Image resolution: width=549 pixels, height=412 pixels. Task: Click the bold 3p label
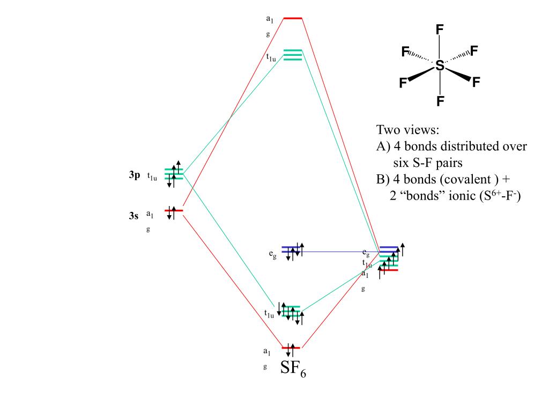click(133, 175)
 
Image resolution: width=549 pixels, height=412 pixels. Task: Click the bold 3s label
click(133, 216)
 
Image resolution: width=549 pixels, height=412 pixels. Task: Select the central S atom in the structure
click(440, 65)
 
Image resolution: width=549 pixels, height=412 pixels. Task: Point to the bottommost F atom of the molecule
click(440, 101)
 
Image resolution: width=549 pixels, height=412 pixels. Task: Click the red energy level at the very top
click(293, 18)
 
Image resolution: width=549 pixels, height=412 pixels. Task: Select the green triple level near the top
click(293, 55)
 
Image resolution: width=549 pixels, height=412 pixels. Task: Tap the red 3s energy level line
click(174, 210)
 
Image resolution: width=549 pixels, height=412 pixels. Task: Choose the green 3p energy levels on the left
click(174, 173)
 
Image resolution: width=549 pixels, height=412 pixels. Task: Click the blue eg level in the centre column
click(293, 249)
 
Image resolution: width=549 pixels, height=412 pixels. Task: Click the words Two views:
click(407, 130)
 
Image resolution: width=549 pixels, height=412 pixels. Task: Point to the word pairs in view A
click(448, 163)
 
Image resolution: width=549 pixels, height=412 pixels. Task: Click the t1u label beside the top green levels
click(271, 57)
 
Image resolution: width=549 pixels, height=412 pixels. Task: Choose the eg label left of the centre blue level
click(273, 254)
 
